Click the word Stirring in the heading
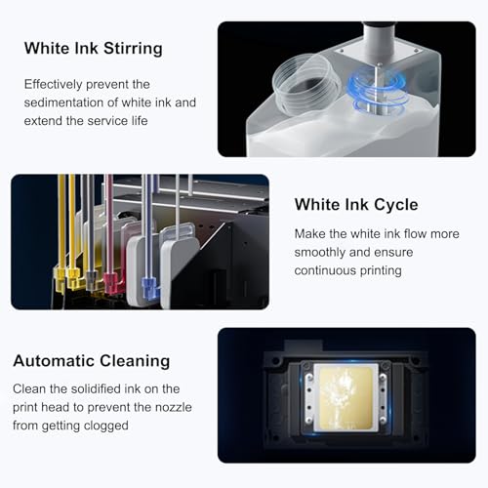click(133, 49)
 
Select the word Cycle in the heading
click(396, 205)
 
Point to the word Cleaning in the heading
click(135, 361)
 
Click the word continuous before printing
click(325, 270)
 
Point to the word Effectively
click(53, 85)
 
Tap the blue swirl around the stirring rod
click(378, 91)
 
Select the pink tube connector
click(112, 282)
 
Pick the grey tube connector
click(92, 280)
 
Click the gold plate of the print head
click(346, 398)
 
